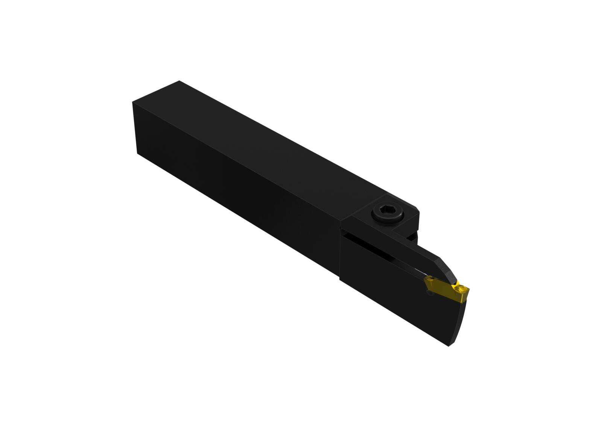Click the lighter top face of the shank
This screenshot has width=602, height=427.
263,139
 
